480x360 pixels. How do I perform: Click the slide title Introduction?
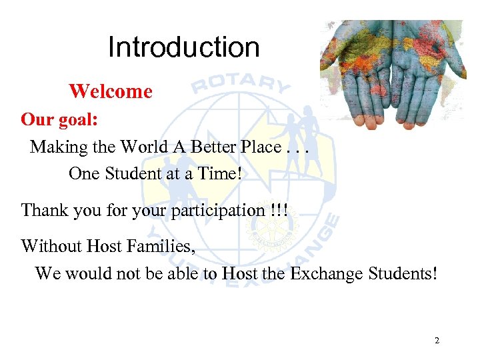183,47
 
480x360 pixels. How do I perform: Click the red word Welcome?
111,91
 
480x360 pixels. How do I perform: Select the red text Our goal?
59,120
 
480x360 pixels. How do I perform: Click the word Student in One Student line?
131,173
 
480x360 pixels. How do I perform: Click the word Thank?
43,211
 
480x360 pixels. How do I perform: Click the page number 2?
437,341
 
